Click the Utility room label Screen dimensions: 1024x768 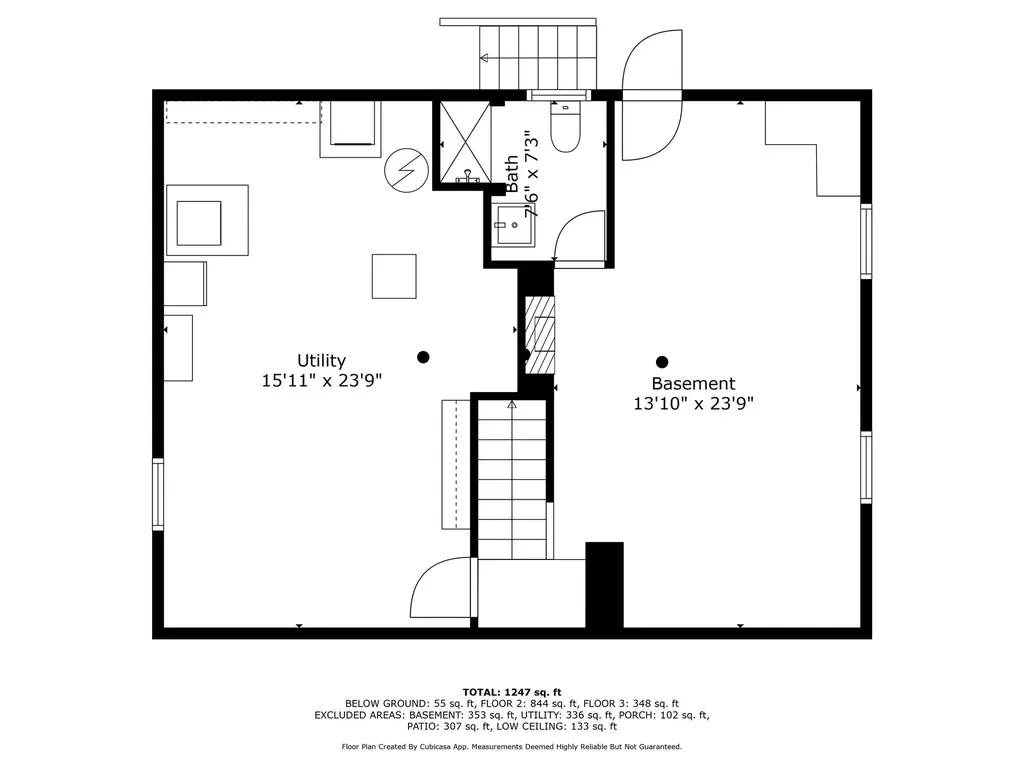coord(321,360)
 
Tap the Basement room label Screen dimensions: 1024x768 coord(694,383)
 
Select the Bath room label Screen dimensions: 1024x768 coord(512,174)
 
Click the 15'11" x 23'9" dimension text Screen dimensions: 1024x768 coord(321,380)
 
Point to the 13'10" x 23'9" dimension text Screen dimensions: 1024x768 coord(694,404)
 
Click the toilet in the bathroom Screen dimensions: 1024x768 coord(565,127)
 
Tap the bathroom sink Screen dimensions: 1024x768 coord(514,225)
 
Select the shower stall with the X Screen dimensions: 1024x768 coord(465,143)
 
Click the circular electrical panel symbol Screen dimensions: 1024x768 coord(406,170)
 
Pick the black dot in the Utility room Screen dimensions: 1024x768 coord(423,357)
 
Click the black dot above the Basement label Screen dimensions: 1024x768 coord(662,362)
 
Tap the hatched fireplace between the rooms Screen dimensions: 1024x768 coord(540,334)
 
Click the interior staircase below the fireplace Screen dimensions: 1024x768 coord(512,480)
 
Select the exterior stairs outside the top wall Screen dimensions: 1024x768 coord(538,57)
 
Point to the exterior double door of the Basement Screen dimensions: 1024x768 coord(652,95)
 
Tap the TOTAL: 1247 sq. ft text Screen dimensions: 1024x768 coord(512,692)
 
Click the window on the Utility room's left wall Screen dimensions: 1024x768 coord(158,494)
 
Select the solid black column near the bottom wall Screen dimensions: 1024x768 coord(604,584)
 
